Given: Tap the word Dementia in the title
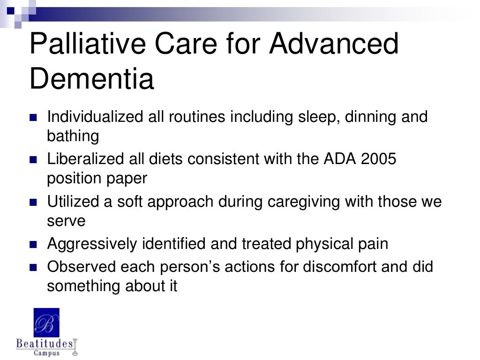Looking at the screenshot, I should point(91,79).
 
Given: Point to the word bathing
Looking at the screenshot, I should point(73,136).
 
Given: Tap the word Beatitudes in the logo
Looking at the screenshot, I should point(45,344).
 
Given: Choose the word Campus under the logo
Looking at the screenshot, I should point(46,353).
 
